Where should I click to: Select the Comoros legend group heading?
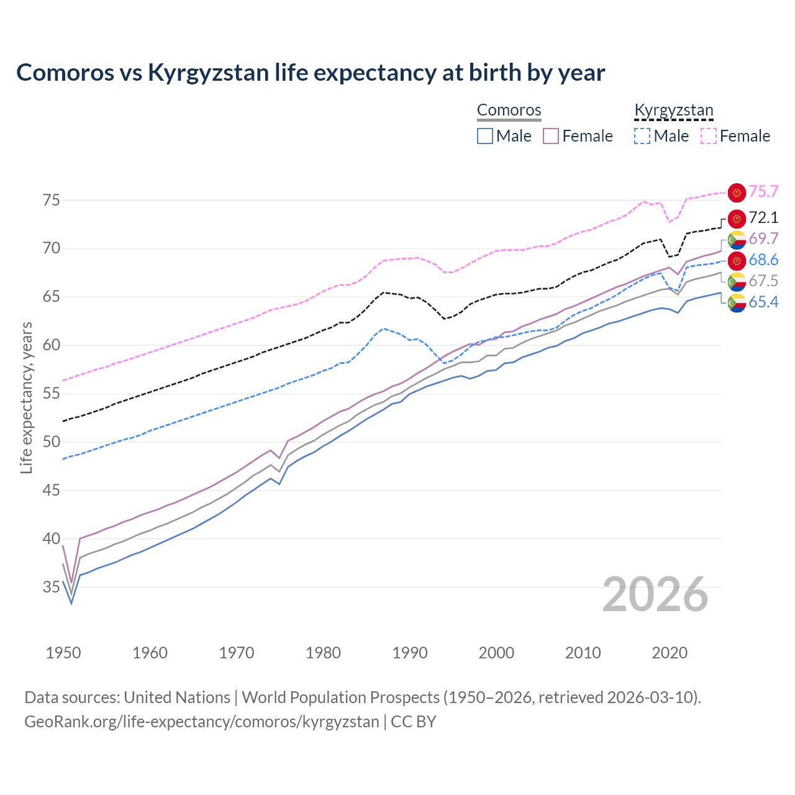tap(509, 110)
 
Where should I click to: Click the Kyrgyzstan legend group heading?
tap(673, 110)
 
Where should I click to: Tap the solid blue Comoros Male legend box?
tap(485, 136)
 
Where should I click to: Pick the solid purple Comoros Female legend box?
tap(551, 136)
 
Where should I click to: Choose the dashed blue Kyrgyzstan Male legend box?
tap(642, 136)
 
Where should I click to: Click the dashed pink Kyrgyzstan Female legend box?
tap(708, 136)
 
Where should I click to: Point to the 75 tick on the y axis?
tap(51, 200)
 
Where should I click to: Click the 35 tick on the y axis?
tap(51, 587)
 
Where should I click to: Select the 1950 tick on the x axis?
tap(63, 653)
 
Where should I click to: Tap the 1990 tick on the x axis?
tap(410, 653)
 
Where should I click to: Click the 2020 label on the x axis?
tap(670, 653)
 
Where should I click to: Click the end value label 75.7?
tap(763, 192)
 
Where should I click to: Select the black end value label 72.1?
tap(763, 218)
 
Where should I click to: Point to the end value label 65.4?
tap(763, 302)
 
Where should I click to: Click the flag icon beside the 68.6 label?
tap(737, 260)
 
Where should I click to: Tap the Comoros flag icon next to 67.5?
tap(737, 281)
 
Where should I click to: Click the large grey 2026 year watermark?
tap(655, 594)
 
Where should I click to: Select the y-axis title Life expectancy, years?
tap(27, 397)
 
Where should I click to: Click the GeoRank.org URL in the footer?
tap(201, 722)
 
